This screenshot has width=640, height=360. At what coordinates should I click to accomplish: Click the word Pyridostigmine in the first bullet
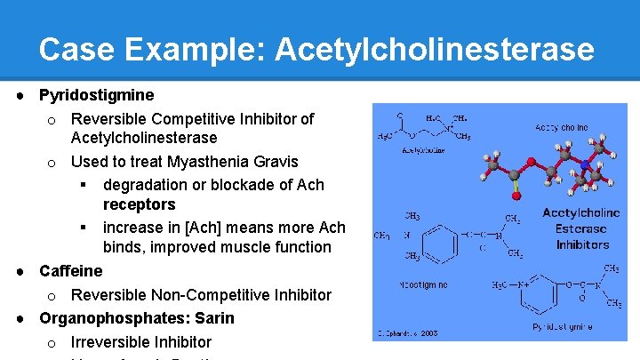97,95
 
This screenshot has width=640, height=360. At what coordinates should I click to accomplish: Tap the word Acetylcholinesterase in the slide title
434,49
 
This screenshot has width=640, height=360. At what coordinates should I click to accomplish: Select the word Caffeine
71,271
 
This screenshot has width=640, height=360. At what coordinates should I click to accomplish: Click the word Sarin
215,318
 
